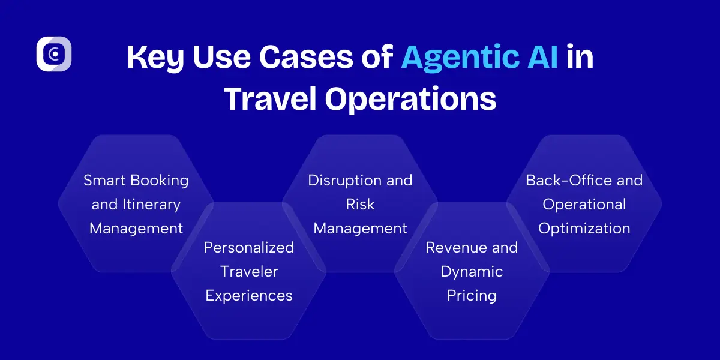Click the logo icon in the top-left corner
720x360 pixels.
54,54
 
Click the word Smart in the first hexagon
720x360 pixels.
106,181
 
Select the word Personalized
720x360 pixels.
249,248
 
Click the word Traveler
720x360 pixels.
249,272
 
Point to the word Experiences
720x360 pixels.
249,296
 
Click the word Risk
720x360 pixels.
360,205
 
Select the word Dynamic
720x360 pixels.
472,272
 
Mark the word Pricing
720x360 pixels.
472,296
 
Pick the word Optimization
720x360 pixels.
584,229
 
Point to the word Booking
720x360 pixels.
161,181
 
